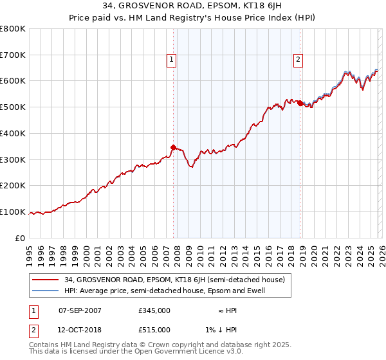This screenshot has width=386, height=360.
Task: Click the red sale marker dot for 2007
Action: pos(173,147)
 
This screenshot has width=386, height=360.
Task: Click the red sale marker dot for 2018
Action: pos(300,103)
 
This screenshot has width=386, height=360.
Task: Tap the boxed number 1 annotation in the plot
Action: pos(172,60)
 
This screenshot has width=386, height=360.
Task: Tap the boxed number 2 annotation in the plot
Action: pos(299,60)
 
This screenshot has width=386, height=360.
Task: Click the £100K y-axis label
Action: pos(13,212)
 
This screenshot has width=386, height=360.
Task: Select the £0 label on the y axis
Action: pos(21,238)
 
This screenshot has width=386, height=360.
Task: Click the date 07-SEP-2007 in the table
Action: pos(80,310)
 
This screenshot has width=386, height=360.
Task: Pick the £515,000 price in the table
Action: pos(154,329)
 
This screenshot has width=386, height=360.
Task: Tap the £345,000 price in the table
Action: pos(154,310)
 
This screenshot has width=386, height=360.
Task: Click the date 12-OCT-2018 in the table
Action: pos(80,329)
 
